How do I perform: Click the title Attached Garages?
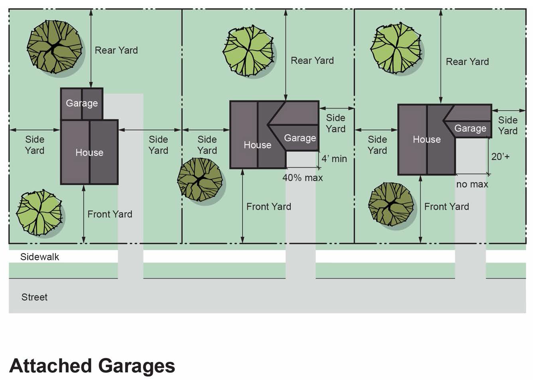92,366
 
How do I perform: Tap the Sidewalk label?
39,257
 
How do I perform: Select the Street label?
34,297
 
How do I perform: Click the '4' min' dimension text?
334,159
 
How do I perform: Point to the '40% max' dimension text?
302,178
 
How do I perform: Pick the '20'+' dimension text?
500,156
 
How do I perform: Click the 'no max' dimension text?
472,184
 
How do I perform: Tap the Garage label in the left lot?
82,103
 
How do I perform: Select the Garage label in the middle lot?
300,138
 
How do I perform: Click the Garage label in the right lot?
470,128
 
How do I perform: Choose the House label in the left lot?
89,152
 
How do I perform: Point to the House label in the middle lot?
257,145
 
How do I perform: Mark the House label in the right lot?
427,139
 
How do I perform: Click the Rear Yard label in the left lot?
116,50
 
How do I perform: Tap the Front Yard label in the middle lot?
268,206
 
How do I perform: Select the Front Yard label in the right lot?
447,206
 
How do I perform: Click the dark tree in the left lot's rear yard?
55,47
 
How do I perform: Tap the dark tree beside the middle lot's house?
200,180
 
